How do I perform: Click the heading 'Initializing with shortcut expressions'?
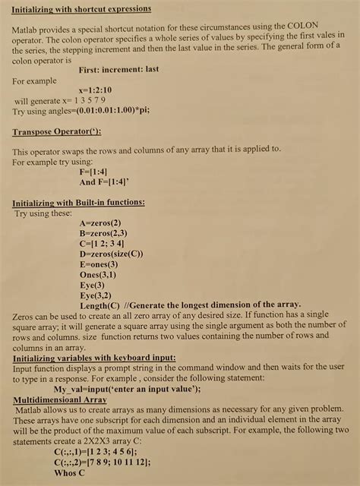82,8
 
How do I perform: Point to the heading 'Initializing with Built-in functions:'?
80,203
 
